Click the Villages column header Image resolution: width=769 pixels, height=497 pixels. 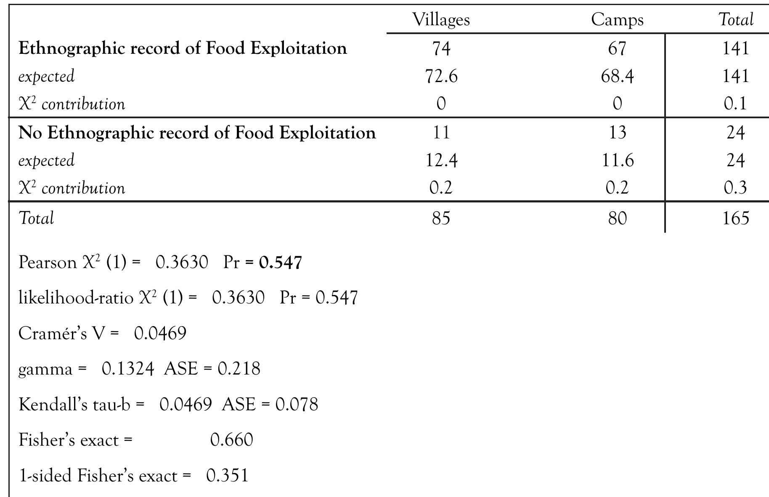[440, 20]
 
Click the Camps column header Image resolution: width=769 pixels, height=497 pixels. [617, 20]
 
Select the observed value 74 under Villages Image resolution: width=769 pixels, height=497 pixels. [441, 48]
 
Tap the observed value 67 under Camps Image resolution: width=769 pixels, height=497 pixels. [617, 48]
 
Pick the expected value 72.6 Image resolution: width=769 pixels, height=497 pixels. [441, 77]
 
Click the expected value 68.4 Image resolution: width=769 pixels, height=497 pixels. [617, 77]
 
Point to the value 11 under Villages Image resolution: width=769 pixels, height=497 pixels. [441, 133]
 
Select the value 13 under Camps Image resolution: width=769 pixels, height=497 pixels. [617, 133]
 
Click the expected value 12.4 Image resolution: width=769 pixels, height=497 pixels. [441, 161]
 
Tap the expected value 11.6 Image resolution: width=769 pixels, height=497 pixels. [617, 161]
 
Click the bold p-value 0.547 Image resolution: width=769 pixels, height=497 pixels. [281, 263]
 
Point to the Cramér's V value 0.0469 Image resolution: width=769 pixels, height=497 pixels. [160, 333]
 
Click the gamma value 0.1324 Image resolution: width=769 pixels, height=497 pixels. [127, 369]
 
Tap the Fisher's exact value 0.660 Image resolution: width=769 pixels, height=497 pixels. [231, 440]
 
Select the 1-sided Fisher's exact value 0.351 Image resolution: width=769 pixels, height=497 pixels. [227, 476]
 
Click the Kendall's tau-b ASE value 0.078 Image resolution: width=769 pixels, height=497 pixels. [297, 404]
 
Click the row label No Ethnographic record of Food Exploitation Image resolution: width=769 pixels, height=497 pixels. [197, 133]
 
